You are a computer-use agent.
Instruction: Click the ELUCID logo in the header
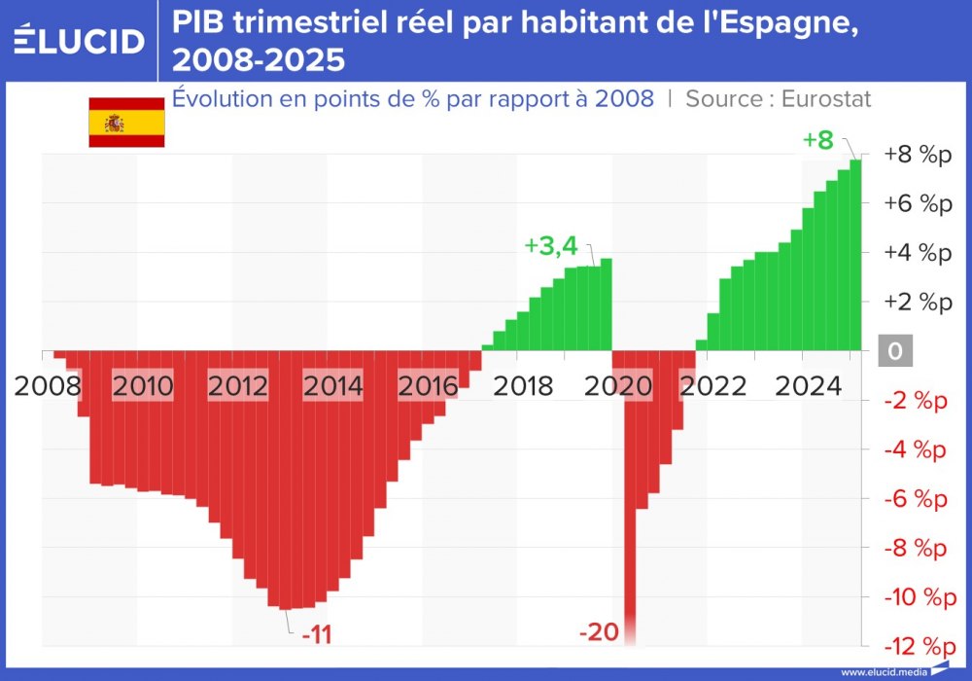80,40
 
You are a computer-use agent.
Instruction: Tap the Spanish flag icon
126,123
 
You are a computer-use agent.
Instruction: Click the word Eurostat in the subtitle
826,98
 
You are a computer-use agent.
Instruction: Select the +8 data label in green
817,140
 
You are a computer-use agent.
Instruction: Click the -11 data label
317,635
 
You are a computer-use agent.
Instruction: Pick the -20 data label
599,632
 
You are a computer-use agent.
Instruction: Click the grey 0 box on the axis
895,351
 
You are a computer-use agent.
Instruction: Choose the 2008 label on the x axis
47,386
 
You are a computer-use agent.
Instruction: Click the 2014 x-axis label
333,386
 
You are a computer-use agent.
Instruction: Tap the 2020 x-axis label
620,386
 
